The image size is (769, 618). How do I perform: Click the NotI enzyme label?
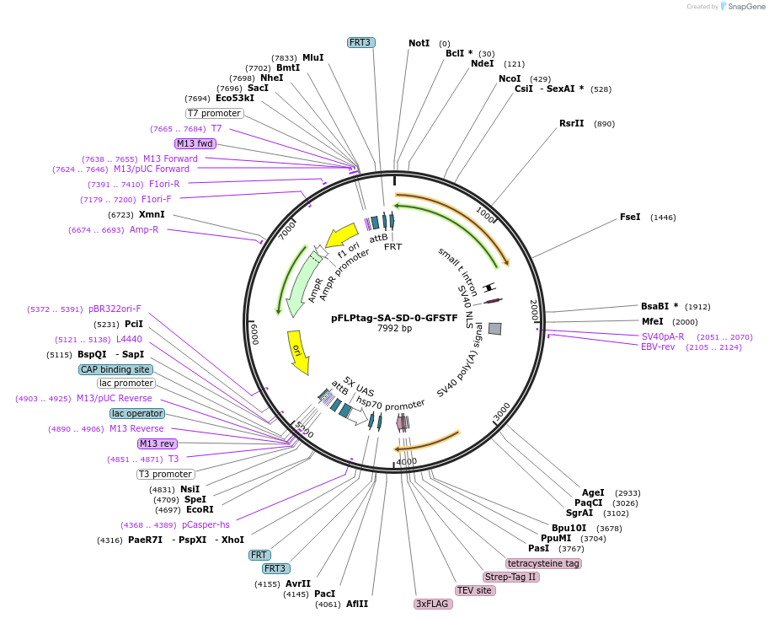click(419, 43)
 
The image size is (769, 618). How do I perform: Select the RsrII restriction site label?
click(571, 123)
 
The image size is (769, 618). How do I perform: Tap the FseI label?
click(630, 217)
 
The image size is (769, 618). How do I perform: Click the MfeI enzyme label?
click(652, 321)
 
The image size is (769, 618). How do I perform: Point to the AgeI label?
click(593, 492)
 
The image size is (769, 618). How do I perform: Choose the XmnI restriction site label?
click(152, 214)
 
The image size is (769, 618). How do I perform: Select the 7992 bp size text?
click(394, 328)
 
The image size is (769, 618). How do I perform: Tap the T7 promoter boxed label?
click(215, 113)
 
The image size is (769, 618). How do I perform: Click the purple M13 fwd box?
click(195, 143)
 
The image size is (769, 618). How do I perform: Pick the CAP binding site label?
click(115, 369)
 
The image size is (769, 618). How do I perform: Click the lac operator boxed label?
click(137, 413)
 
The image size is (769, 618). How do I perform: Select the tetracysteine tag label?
click(543, 563)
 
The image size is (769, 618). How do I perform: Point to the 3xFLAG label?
click(432, 604)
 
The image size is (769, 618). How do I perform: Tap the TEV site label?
click(474, 590)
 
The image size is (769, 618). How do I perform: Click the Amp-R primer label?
click(144, 229)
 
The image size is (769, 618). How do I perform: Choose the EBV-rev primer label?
click(658, 347)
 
